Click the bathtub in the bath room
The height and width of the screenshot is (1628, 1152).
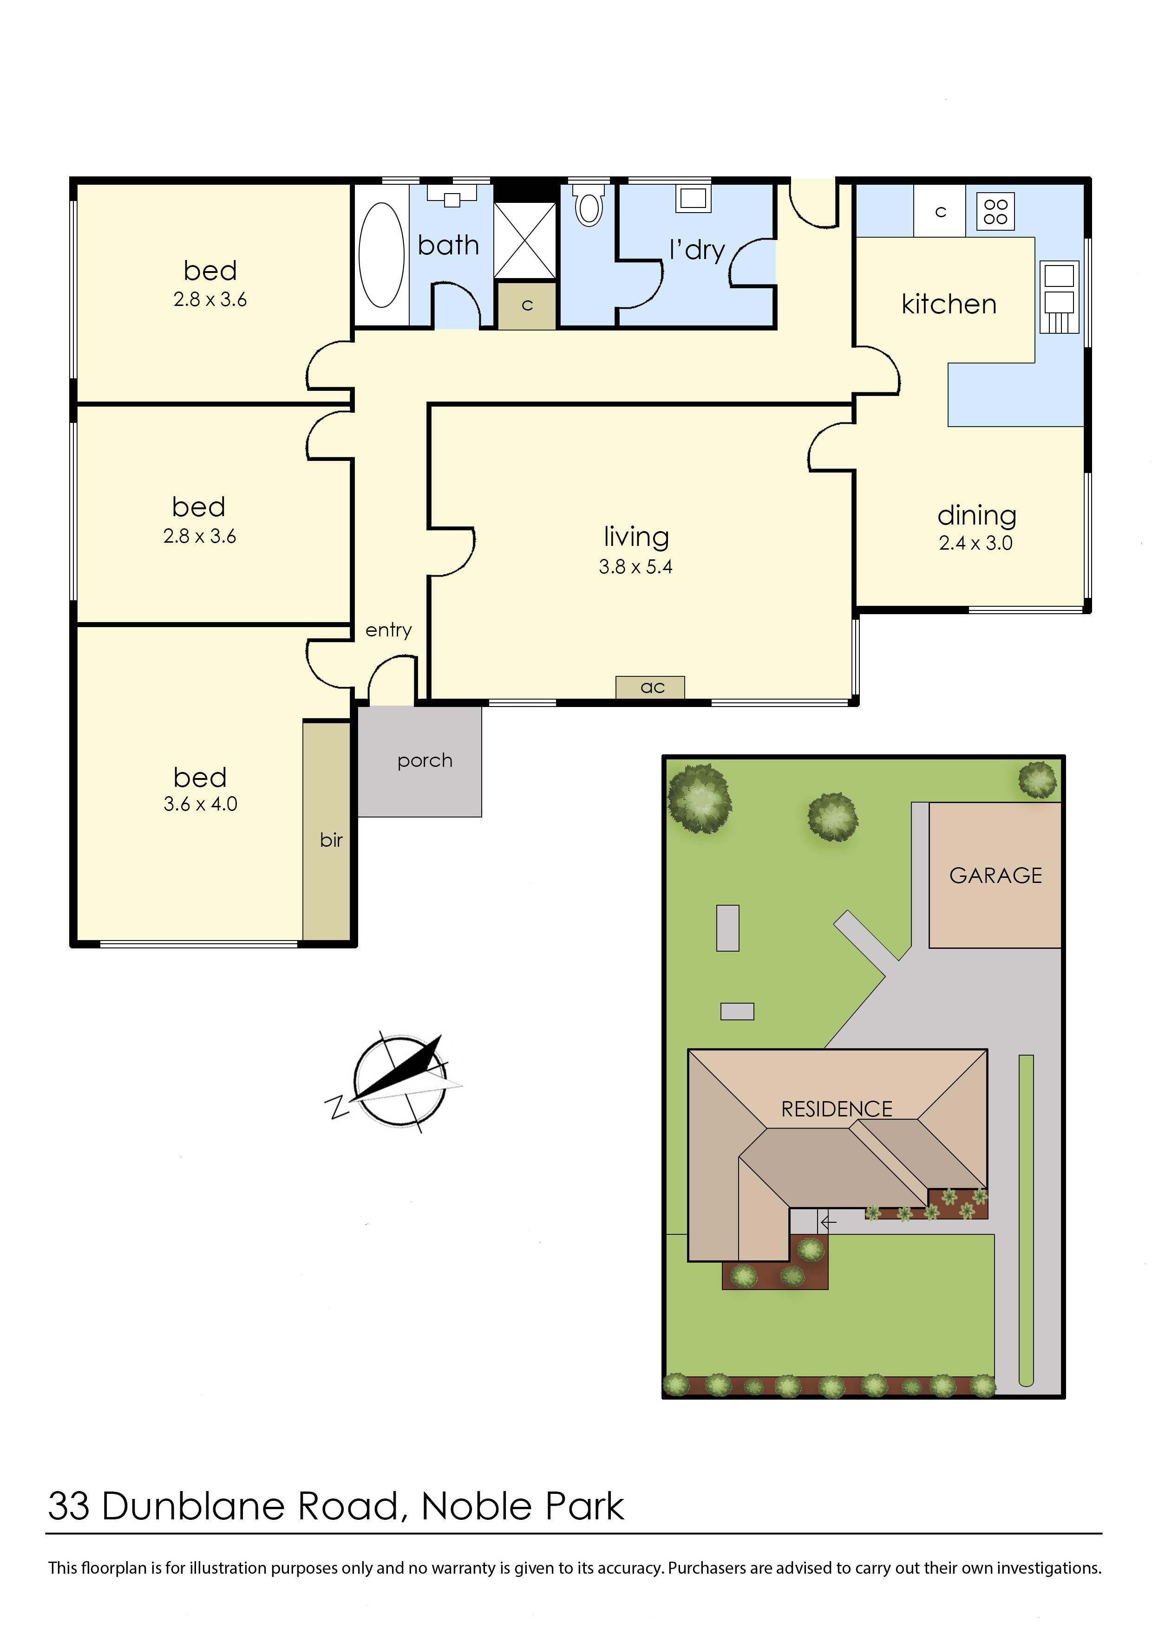[x=382, y=255]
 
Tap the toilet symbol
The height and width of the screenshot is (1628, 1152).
[x=589, y=206]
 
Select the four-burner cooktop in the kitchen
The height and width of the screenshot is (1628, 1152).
[x=995, y=211]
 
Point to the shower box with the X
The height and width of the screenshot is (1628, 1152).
[x=525, y=240]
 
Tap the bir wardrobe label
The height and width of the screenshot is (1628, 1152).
[x=331, y=840]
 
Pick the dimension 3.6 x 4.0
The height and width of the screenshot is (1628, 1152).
[x=200, y=804]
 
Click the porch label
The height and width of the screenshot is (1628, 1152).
[x=424, y=761]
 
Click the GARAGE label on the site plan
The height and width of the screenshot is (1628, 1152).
[x=995, y=876]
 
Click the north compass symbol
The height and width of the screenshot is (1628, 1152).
[x=400, y=1081]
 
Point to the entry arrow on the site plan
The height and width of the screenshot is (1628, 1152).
[x=828, y=1222]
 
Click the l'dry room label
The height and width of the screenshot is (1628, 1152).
[x=697, y=250]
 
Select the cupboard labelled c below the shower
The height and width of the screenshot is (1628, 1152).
[x=526, y=305]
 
